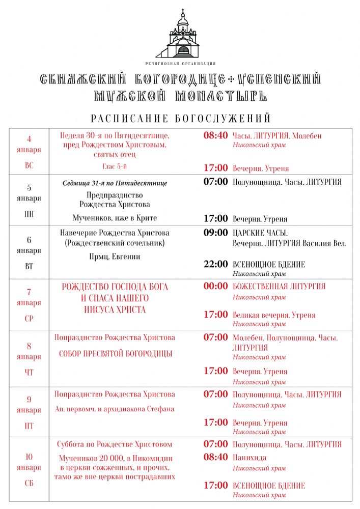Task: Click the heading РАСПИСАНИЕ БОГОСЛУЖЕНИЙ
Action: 180,119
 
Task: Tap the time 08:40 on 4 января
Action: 215,136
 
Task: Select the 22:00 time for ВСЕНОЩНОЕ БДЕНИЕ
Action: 215,264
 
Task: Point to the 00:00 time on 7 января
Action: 215,287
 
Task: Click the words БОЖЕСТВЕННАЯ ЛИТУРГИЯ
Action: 279,287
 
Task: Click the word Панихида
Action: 249,458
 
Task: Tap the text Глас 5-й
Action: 114,166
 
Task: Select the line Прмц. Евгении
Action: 114,257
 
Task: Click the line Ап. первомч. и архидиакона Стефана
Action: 115,409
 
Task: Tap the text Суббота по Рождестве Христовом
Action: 115,444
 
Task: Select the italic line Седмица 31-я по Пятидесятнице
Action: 115,183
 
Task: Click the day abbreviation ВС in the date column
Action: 29,165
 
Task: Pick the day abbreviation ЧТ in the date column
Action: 29,373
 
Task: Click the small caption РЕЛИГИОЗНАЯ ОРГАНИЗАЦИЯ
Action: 180,64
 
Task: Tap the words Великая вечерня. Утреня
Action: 274,315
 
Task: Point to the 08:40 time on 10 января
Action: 215,457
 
